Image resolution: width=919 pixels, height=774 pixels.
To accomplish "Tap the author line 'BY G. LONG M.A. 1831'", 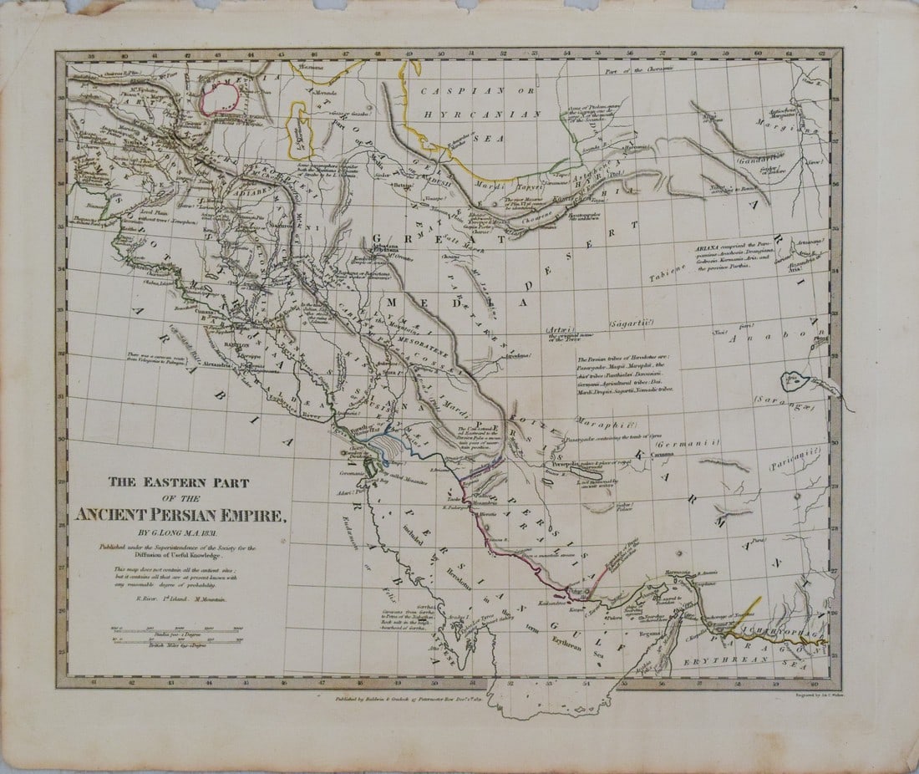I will coord(182,533).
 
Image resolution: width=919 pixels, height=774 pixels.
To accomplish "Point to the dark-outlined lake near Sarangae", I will coord(793,381).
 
